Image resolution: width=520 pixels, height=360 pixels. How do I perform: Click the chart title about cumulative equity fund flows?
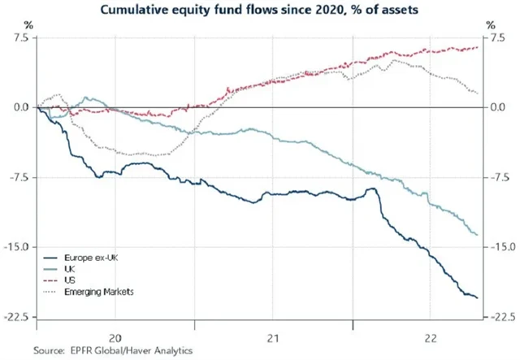[260, 11]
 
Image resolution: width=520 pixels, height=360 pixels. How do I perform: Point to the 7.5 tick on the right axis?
[495, 38]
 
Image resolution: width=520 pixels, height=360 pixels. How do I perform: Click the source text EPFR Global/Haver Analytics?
[113, 350]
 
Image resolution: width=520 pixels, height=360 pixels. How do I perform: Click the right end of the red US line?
[478, 47]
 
